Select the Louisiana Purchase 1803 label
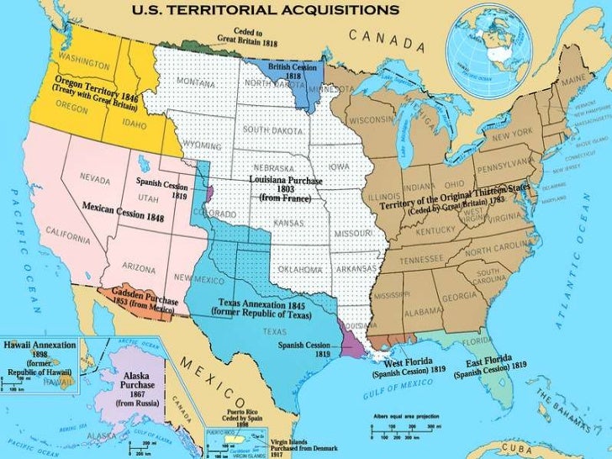[x=280, y=189]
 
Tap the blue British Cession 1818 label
[x=285, y=70]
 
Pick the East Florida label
[x=490, y=367]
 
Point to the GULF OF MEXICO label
[x=405, y=388]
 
